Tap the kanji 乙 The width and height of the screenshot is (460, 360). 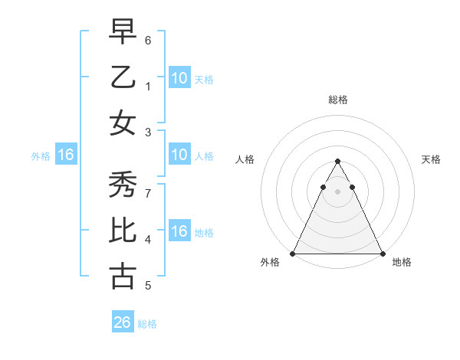(123, 77)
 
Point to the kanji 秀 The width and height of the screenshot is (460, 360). (123, 185)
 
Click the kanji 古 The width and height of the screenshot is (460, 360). (123, 276)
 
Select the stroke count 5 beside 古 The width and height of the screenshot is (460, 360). (148, 286)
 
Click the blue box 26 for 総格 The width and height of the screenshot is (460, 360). (123, 322)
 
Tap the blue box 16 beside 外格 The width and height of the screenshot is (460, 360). (65, 155)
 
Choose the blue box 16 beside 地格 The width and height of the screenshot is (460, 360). (179, 232)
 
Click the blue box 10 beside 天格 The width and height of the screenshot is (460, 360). (179, 78)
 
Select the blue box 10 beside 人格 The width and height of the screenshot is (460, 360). (179, 155)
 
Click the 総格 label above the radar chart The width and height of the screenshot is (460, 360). (338, 100)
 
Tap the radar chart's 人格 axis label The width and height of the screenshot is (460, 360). (245, 159)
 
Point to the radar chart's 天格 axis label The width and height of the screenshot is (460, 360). (431, 159)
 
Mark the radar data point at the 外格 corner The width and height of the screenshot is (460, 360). (293, 253)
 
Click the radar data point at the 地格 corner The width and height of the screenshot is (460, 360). (383, 253)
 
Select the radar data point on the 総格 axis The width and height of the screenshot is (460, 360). (338, 162)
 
